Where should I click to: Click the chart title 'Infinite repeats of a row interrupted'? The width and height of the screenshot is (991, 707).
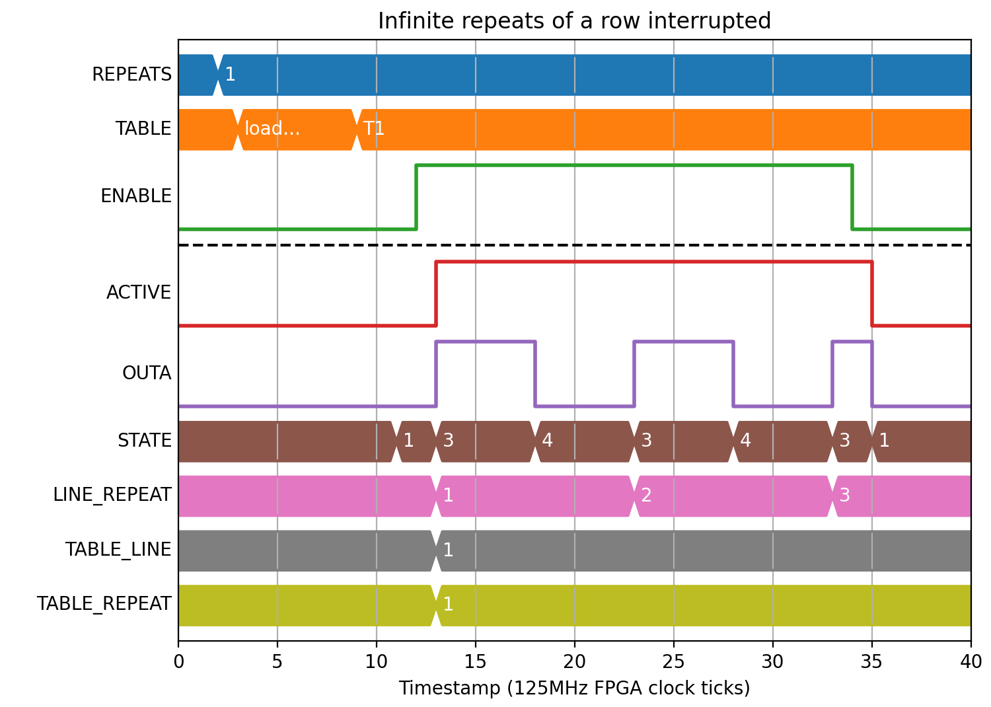coord(574,20)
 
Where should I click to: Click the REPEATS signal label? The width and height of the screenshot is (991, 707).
coord(132,74)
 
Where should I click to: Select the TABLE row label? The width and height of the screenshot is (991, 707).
coord(143,129)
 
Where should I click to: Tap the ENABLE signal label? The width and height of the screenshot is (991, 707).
coord(136,196)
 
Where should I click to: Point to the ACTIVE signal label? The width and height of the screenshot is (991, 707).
coord(139,293)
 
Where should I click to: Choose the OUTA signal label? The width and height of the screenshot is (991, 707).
coord(147,373)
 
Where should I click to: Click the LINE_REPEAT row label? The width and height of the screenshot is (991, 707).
coord(112,495)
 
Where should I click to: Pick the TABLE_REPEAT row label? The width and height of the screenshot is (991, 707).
coord(104,603)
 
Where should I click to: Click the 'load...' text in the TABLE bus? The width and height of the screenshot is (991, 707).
coord(272,129)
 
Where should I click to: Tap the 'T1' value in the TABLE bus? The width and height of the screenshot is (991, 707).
coord(374,129)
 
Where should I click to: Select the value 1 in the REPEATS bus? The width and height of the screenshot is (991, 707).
coord(230,74)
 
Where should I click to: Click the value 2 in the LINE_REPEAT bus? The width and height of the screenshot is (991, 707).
coord(646,495)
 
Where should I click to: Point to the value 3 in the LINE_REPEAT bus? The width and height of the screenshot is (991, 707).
coord(844,495)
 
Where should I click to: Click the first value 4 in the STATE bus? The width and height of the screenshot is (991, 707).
coord(547,440)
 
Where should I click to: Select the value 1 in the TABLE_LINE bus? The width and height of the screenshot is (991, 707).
coord(448,550)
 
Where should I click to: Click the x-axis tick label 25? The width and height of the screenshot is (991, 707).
coord(673,662)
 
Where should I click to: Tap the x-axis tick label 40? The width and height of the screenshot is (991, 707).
coord(971,662)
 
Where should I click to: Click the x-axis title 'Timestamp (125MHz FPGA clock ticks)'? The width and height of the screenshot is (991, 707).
coord(574,688)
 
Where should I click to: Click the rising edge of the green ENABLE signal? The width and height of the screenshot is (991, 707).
coord(416,198)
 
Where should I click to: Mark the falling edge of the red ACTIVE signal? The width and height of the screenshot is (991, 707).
coord(872,294)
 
